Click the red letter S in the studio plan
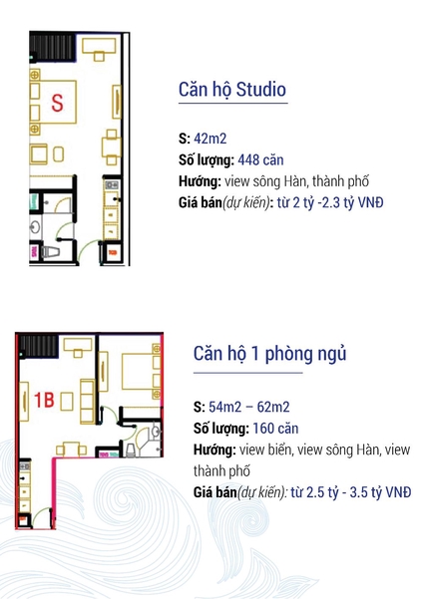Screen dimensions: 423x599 57,103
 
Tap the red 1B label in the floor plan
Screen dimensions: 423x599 44,400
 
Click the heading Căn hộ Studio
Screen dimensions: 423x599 232,90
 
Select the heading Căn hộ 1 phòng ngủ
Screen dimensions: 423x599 269,354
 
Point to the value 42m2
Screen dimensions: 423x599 210,139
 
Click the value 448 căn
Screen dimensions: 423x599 260,159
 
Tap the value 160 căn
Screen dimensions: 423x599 275,429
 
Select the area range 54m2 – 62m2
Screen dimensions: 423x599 249,407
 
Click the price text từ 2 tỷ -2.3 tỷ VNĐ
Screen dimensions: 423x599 330,202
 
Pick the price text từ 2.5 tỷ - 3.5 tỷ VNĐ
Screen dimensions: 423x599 351,492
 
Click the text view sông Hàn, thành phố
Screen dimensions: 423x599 296,181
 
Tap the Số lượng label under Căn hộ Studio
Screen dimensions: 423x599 207,160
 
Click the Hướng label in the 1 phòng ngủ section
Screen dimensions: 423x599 214,449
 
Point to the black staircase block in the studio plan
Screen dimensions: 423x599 52,48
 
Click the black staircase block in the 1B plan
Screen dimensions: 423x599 38,346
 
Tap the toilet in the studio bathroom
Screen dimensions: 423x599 50,251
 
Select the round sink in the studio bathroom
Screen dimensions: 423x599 35,227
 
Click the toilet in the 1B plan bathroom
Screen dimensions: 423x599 130,449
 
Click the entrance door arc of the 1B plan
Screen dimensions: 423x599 40,514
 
